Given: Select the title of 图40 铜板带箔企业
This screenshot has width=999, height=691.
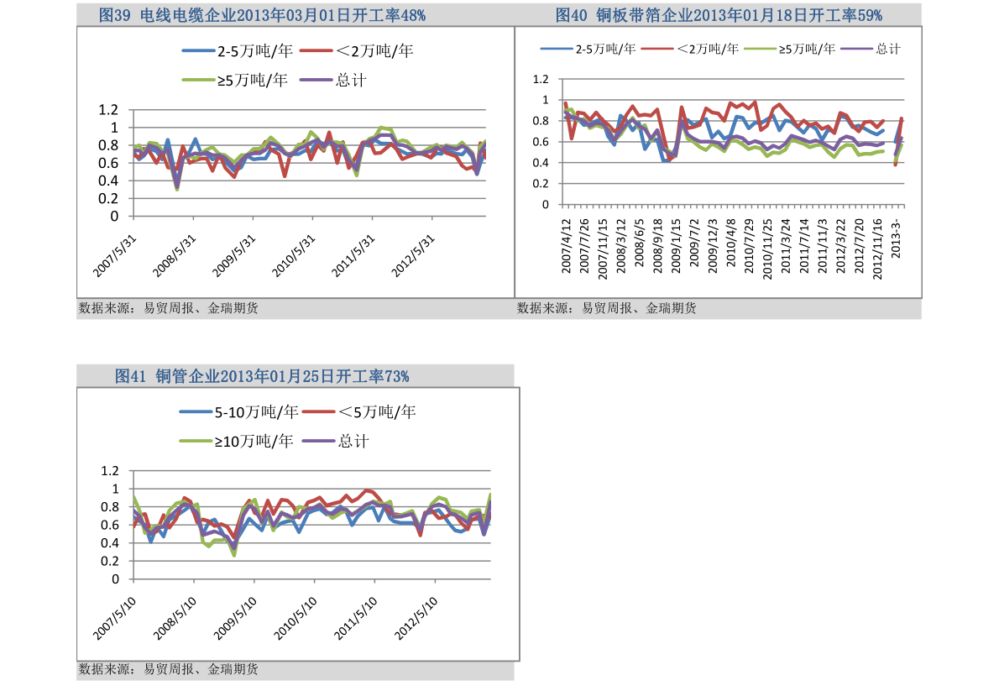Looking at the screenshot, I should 719,14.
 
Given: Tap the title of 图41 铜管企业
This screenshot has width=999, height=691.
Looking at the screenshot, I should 262,376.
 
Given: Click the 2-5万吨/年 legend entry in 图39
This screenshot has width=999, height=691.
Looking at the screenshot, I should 238,51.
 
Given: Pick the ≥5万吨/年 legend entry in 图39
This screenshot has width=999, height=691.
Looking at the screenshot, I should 236,81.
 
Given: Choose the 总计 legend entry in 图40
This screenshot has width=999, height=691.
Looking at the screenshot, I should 872,49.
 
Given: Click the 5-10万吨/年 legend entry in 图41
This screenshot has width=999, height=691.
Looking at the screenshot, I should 239,411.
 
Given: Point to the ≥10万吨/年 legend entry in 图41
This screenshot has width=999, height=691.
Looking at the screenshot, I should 238,441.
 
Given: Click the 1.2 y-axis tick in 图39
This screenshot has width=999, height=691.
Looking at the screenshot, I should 108,110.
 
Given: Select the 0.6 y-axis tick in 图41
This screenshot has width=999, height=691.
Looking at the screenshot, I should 111,526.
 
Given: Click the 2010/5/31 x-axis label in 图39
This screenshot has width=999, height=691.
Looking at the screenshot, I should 296,254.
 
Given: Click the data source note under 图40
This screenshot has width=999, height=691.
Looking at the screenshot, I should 606,308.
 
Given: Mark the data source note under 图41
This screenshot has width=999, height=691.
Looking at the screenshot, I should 168,669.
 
